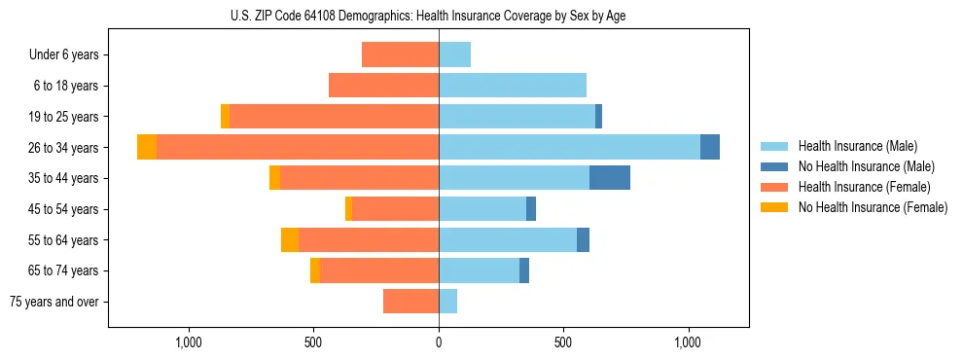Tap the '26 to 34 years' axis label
63,148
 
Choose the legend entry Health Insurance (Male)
858,146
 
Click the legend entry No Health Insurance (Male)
866,166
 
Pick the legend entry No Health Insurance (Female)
872,207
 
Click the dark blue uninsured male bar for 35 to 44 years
610,178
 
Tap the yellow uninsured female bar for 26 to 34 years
147,147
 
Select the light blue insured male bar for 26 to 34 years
569,147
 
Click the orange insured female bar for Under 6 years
400,54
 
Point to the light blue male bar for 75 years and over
447,302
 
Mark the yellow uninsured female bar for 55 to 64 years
290,239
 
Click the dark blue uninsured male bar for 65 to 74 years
524,270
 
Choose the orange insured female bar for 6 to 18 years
383,86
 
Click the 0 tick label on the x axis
439,342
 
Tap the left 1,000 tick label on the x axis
188,342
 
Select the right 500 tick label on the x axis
563,342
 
